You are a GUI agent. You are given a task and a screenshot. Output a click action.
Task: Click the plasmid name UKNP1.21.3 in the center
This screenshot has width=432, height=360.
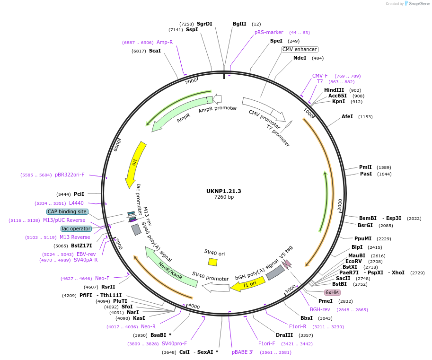224,191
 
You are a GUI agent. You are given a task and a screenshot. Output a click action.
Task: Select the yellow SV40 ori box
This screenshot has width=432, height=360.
213,262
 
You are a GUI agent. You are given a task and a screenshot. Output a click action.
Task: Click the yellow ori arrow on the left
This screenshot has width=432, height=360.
135,163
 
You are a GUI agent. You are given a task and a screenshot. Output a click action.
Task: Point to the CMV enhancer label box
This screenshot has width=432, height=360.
300,49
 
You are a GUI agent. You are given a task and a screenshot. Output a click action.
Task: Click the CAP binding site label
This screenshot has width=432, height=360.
67,211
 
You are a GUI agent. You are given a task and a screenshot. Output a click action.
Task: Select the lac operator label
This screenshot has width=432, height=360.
76,228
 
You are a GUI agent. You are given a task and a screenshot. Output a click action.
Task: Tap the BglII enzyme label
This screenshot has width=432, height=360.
239,24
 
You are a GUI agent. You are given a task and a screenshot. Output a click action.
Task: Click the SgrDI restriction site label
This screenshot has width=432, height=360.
204,24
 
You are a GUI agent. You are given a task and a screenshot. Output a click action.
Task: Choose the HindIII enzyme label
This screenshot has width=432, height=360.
334,90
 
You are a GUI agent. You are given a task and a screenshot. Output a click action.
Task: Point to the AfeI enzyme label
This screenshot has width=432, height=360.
347,116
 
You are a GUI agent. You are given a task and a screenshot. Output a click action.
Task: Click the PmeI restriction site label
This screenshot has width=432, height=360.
326,301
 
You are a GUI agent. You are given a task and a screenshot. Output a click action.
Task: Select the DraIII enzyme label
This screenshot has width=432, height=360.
284,335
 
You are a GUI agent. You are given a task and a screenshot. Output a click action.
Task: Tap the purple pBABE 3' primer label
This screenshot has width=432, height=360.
242,352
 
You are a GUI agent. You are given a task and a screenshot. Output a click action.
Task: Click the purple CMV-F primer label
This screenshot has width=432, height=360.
320,76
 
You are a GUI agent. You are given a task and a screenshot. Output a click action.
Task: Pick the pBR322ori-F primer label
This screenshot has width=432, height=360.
70,175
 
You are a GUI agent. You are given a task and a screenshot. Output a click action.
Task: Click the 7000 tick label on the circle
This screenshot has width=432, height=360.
191,81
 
